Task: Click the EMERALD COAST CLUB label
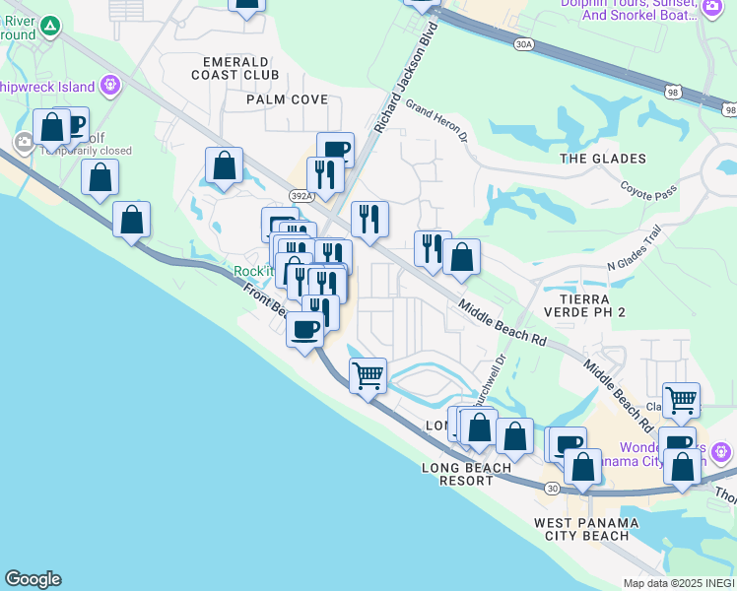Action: pyautogui.click(x=234, y=68)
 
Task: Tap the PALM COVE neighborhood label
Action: pyautogui.click(x=287, y=99)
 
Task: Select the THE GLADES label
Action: pyautogui.click(x=603, y=159)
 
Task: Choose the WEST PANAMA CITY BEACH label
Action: pyautogui.click(x=581, y=529)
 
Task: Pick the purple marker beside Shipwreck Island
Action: pyautogui.click(x=109, y=85)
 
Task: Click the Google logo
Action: pyautogui.click(x=33, y=579)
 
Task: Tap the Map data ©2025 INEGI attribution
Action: pyautogui.click(x=679, y=583)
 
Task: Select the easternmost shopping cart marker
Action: pyautogui.click(x=681, y=399)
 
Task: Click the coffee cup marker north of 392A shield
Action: pyautogui.click(x=335, y=149)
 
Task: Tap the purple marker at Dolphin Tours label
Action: pyautogui.click(x=712, y=7)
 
